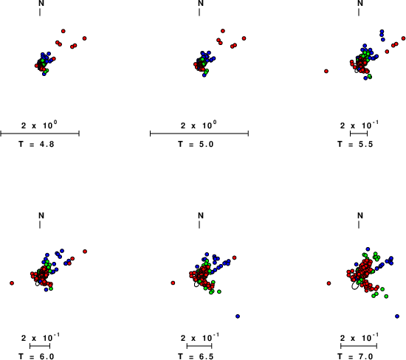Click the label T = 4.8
coord(36,144)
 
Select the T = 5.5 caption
coord(355,144)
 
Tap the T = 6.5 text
coord(196,356)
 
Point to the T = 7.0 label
coord(355,356)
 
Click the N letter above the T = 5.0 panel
coord(201,4)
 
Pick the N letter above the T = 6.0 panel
coord(41,215)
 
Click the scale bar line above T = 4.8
coord(40,134)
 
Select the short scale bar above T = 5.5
coord(359,134)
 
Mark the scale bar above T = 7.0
coord(359,346)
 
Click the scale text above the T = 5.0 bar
coord(199,125)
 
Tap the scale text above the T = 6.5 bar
coord(200,337)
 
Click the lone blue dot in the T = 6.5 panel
coord(238,316)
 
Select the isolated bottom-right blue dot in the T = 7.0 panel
coord(397,316)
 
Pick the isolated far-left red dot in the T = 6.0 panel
coord(12,283)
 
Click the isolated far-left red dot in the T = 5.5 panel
coord(326,71)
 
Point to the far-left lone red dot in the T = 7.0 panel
coord(328,283)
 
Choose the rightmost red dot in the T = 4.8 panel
coord(84,38)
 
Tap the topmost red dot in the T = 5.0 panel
coord(223,31)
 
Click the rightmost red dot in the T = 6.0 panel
coord(85,252)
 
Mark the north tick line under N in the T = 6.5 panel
coord(199,225)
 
